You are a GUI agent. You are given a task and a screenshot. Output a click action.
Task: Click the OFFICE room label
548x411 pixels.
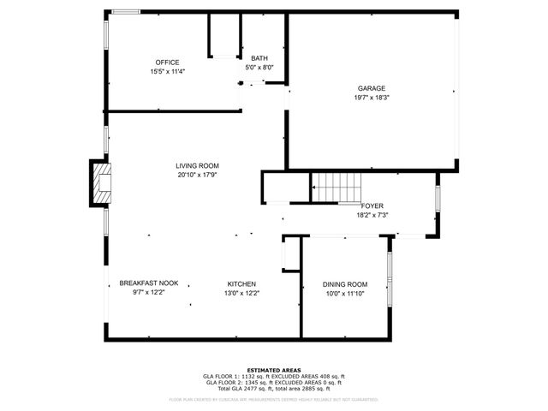pyautogui.click(x=167, y=63)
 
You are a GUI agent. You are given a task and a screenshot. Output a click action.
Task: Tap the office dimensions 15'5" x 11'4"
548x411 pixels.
pyautogui.click(x=167, y=72)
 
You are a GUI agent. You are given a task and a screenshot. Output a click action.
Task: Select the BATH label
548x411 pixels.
pyautogui.click(x=259, y=58)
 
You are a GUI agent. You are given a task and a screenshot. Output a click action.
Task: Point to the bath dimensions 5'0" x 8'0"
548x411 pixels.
pyautogui.click(x=259, y=68)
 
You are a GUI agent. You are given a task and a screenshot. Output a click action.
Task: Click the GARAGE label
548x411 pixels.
pyautogui.click(x=372, y=88)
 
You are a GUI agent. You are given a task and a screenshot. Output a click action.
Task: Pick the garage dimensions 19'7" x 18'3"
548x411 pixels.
pyautogui.click(x=372, y=98)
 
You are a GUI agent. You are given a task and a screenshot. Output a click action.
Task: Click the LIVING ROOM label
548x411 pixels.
pyautogui.click(x=198, y=166)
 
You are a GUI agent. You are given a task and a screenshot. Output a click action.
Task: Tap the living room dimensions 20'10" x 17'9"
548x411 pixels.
pyautogui.click(x=198, y=176)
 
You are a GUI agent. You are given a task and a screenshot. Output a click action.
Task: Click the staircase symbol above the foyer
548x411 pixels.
pyautogui.click(x=336, y=187)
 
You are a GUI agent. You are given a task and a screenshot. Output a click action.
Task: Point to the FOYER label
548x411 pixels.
pyautogui.click(x=372, y=206)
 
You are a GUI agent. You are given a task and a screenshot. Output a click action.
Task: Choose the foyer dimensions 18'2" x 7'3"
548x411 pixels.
pyautogui.click(x=372, y=215)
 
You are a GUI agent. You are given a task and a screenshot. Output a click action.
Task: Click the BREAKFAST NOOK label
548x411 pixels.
pyautogui.click(x=148, y=283)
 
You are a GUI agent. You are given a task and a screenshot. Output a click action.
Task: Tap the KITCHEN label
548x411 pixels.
pyautogui.click(x=241, y=283)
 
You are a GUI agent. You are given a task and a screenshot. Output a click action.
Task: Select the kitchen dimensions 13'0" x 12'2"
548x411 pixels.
pyautogui.click(x=241, y=293)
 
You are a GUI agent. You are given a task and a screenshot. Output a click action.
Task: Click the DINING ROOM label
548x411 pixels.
pyautogui.click(x=345, y=284)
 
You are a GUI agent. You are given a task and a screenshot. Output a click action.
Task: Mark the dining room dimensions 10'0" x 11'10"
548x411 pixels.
pyautogui.click(x=345, y=294)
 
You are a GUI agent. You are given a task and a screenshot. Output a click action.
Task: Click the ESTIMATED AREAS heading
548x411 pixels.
pyautogui.click(x=273, y=370)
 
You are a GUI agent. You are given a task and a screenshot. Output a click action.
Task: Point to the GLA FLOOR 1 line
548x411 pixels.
pyautogui.click(x=273, y=377)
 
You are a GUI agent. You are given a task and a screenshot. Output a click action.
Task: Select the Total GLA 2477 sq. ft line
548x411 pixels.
pyautogui.click(x=273, y=389)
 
